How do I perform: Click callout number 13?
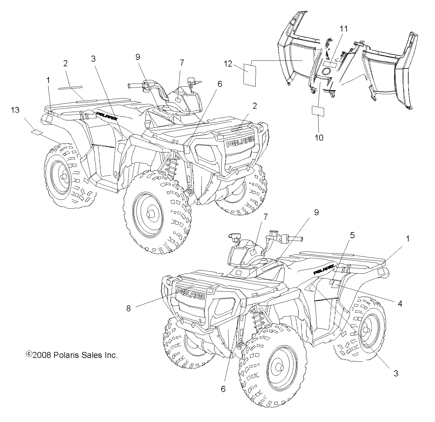[15, 110]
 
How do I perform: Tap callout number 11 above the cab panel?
[344, 29]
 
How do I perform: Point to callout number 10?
[319, 137]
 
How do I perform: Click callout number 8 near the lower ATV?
[129, 308]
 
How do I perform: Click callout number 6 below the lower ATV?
[223, 389]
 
